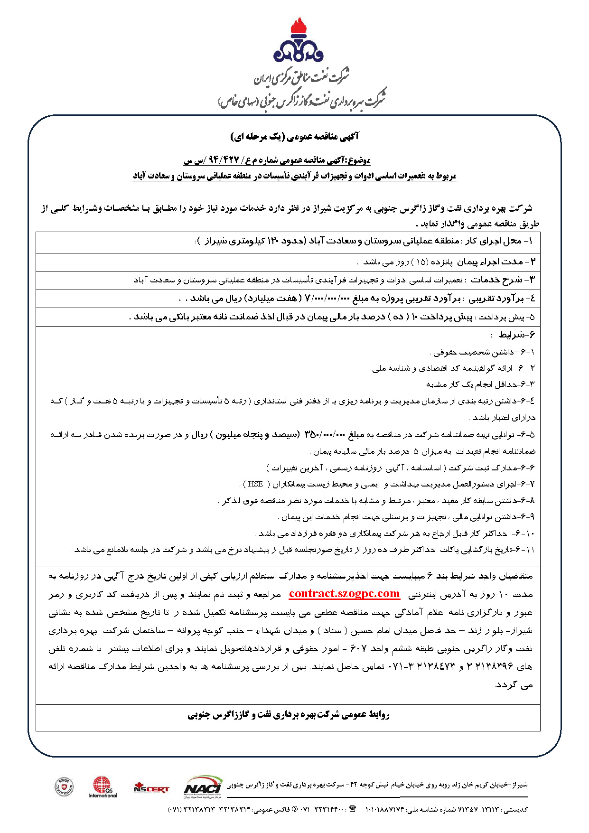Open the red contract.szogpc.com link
pyautogui.click(x=344, y=593)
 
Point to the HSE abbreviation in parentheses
pyautogui.click(x=255, y=484)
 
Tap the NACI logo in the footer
pyautogui.click(x=203, y=786)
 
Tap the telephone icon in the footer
pyautogui.click(x=352, y=809)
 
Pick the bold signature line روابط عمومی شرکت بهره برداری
pyautogui.click(x=288, y=715)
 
